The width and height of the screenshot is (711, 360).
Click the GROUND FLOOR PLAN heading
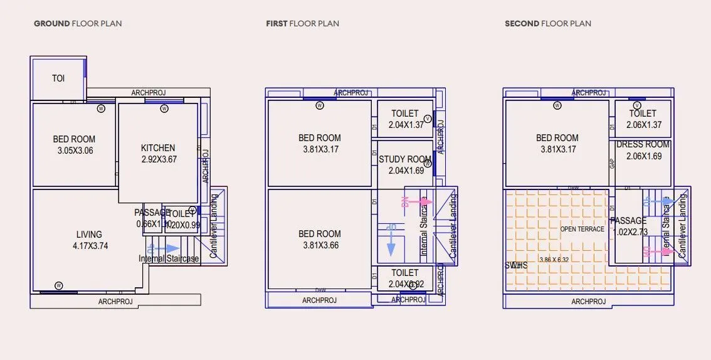(x=78, y=24)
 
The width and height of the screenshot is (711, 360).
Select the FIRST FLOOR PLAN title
(x=303, y=24)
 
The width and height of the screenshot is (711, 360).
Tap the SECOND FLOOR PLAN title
(x=548, y=24)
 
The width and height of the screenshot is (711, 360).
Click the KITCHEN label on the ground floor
(x=158, y=148)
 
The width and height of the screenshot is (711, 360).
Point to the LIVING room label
(x=89, y=235)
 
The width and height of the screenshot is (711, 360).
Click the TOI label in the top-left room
(x=58, y=78)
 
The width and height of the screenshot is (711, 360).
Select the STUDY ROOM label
(x=405, y=159)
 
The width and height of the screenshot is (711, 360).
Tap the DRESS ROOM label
(x=643, y=144)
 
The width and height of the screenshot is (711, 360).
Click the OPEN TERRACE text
(x=582, y=229)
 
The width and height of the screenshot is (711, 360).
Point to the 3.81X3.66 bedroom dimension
(x=320, y=245)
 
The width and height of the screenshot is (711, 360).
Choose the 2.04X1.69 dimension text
(x=406, y=171)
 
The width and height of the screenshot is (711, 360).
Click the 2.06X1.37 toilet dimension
(x=644, y=125)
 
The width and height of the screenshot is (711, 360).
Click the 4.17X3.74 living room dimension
(x=90, y=246)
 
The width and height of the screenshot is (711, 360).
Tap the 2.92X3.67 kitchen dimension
(x=158, y=159)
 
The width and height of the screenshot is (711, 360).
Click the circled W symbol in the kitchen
(x=164, y=109)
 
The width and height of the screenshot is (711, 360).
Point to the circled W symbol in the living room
(x=58, y=285)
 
